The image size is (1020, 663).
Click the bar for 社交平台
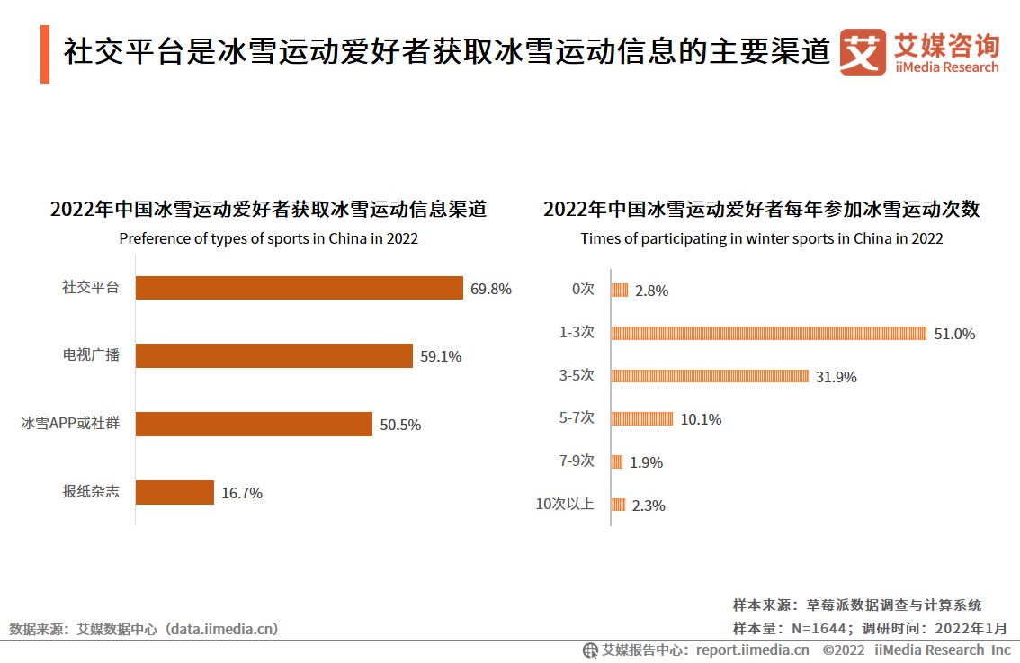(x=299, y=288)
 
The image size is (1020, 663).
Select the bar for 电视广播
(x=273, y=356)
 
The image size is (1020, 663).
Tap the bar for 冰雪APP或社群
(x=254, y=424)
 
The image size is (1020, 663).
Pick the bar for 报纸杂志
(x=174, y=492)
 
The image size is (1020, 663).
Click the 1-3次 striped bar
(x=768, y=333)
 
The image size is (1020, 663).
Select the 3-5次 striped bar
(x=710, y=376)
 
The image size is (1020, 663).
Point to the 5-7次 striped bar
(x=641, y=418)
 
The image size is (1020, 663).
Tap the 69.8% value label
(x=490, y=289)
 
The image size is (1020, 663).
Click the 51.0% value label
(x=954, y=334)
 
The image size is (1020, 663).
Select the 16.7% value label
(x=242, y=493)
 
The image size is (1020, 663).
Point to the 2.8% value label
(x=651, y=291)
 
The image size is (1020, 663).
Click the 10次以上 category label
(x=565, y=504)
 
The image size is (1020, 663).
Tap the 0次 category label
(x=583, y=290)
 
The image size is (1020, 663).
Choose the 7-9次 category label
(x=577, y=461)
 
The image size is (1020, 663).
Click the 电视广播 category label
(x=91, y=355)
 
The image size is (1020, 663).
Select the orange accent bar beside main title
(x=45, y=55)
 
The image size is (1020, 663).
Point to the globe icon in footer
(x=590, y=650)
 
